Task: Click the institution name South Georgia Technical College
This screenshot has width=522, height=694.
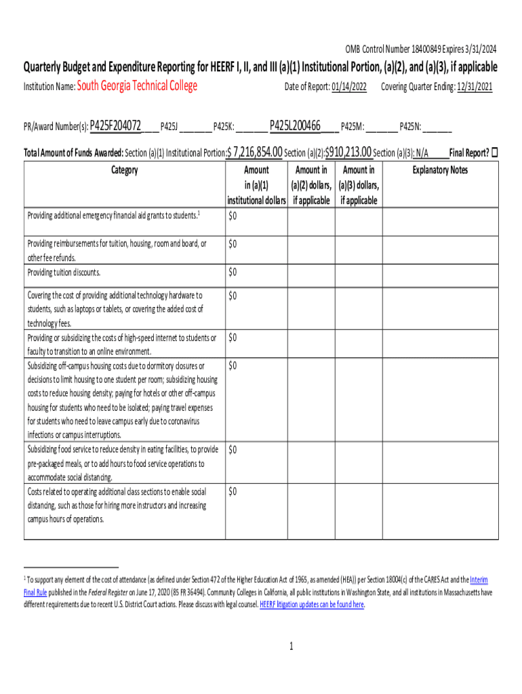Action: pyautogui.click(x=138, y=86)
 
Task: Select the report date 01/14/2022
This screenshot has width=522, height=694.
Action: pyautogui.click(x=349, y=87)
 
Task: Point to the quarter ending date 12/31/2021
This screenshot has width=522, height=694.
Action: pyautogui.click(x=475, y=87)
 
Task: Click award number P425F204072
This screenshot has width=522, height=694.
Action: pyautogui.click(x=115, y=125)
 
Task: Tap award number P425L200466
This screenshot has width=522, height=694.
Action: pyautogui.click(x=295, y=125)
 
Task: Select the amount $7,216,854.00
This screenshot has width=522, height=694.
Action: pyautogui.click(x=256, y=152)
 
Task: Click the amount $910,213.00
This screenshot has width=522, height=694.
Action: pyautogui.click(x=348, y=152)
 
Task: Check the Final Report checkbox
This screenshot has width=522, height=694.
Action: pyautogui.click(x=494, y=152)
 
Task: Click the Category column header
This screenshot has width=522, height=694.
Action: pyautogui.click(x=125, y=170)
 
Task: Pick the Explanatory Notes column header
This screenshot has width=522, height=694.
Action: pyautogui.click(x=440, y=170)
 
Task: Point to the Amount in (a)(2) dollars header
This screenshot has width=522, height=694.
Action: pyautogui.click(x=311, y=185)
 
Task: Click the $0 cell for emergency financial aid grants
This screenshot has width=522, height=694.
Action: pyautogui.click(x=233, y=216)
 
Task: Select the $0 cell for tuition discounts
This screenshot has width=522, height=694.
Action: pyautogui.click(x=233, y=272)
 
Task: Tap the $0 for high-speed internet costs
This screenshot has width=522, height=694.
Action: pyautogui.click(x=233, y=338)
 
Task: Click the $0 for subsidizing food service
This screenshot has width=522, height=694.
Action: pyautogui.click(x=233, y=449)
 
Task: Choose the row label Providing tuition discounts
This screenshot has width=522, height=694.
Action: pyautogui.click(x=64, y=272)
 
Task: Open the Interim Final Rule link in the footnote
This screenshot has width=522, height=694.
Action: pyautogui.click(x=479, y=581)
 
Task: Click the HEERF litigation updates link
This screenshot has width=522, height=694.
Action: pyautogui.click(x=311, y=605)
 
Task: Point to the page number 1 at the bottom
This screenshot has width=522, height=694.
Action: pyautogui.click(x=291, y=647)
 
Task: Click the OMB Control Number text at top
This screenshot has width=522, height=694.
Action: pyautogui.click(x=421, y=49)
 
